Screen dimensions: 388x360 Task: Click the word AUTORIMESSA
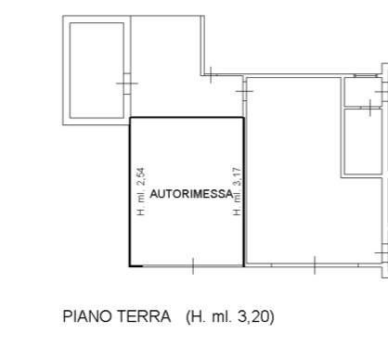point(191,194)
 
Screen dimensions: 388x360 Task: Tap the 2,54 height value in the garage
point(141,176)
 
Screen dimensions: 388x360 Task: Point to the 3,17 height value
point(237,176)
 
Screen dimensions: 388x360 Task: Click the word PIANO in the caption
point(87,316)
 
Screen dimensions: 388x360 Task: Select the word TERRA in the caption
point(144,316)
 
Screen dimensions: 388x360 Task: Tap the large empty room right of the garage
point(294,170)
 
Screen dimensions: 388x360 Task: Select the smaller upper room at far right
point(363,92)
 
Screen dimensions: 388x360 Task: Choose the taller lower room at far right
point(363,141)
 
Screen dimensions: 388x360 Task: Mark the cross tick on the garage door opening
point(193,265)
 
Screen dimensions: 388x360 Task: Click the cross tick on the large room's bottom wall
point(315,265)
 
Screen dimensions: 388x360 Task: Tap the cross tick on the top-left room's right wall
point(127,84)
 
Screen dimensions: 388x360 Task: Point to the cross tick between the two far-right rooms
point(370,108)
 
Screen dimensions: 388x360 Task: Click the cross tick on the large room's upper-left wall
point(244,91)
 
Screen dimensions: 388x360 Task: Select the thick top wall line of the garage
point(187,118)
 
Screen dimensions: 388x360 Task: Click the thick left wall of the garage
point(130,192)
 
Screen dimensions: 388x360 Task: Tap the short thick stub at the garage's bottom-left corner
point(136,265)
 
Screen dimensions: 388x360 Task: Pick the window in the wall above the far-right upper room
point(366,75)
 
